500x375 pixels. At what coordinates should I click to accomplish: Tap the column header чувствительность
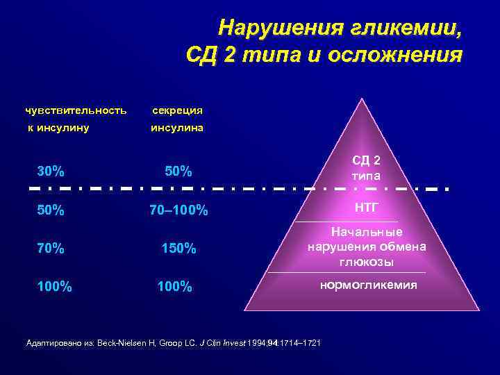tap(76, 110)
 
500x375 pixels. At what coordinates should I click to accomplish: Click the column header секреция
tap(178, 110)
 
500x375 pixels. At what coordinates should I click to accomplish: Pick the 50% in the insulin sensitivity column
tap(51, 209)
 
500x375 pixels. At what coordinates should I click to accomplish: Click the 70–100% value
tap(178, 210)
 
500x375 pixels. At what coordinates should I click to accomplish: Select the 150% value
tap(178, 248)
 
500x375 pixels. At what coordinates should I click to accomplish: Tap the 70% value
tap(51, 247)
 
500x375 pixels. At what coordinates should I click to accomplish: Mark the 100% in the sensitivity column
tap(55, 285)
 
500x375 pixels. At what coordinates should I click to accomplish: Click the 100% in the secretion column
tap(175, 286)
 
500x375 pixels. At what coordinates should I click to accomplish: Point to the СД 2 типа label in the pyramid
tap(367, 166)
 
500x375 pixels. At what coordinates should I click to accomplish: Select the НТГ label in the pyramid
tap(367, 206)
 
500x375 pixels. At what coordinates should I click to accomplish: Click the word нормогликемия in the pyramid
tap(368, 285)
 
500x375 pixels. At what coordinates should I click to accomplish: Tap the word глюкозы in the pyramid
tap(367, 262)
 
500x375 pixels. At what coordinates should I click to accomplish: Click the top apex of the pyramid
tap(362, 99)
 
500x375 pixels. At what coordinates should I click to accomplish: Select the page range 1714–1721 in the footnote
tap(299, 343)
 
